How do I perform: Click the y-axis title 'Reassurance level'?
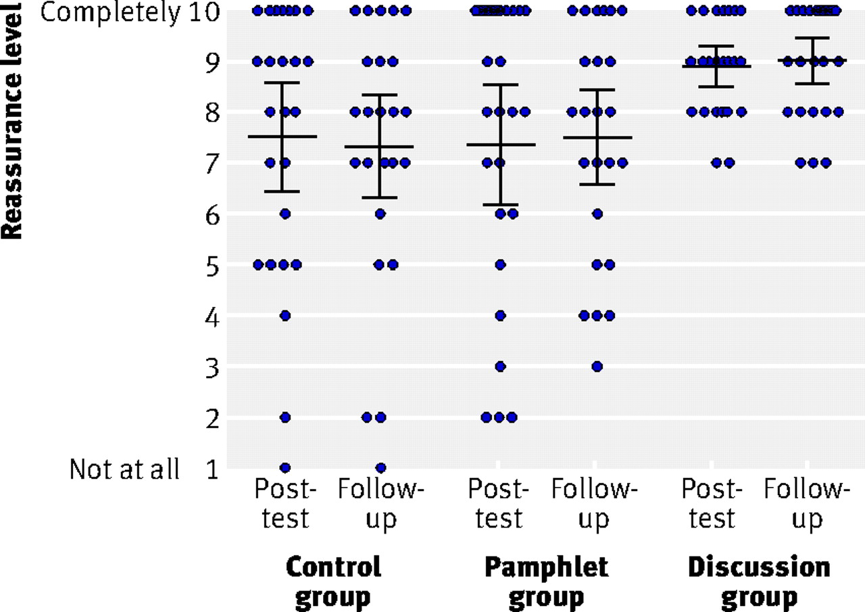(11, 120)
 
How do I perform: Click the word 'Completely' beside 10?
(110, 13)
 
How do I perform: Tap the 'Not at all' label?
(124, 469)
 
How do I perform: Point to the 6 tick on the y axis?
(212, 216)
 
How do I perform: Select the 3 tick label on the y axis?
(212, 368)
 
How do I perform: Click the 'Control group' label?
(333, 583)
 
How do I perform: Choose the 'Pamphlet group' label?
(547, 583)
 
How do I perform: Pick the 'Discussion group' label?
(759, 583)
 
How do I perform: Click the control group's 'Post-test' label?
(285, 503)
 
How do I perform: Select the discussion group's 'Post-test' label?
(712, 503)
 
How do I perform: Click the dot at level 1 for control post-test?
(285, 468)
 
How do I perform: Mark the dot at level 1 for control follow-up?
(380, 468)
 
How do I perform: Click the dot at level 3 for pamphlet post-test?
(501, 367)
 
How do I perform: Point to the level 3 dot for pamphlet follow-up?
(597, 367)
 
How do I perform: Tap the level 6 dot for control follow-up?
(380, 214)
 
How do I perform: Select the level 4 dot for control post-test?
(285, 316)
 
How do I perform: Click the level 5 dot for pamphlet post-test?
(501, 264)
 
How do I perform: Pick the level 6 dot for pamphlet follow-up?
(597, 214)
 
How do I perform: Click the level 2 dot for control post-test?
(285, 417)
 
